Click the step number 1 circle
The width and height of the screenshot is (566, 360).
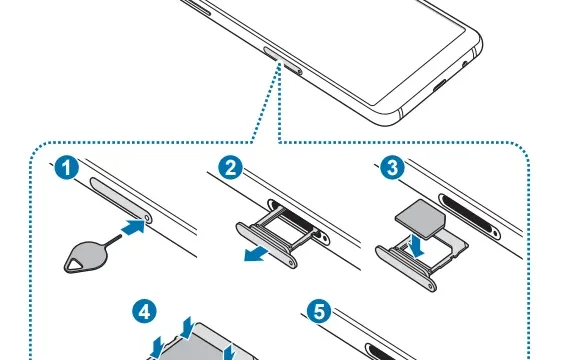pos(67,168)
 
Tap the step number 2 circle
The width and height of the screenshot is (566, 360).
pos(231,168)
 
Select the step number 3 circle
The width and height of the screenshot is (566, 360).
pos(392,168)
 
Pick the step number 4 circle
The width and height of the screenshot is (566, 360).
pos(144,312)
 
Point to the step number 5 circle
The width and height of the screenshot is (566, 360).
pos(319,312)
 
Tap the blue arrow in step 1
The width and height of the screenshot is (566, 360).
pos(133,227)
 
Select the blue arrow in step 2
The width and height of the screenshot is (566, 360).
pos(256,254)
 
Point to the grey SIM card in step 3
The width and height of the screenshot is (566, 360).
pos(421,219)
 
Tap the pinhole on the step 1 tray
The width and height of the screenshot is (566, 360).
pos(147,217)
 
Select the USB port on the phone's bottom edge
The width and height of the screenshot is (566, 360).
pos(439,87)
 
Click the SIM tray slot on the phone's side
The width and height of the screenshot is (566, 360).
pos(283,61)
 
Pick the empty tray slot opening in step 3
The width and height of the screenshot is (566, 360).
pos(469,214)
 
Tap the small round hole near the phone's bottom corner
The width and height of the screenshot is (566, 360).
pos(465,65)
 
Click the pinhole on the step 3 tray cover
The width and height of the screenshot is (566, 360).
pos(430,286)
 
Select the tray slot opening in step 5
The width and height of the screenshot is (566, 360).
pos(390,352)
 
